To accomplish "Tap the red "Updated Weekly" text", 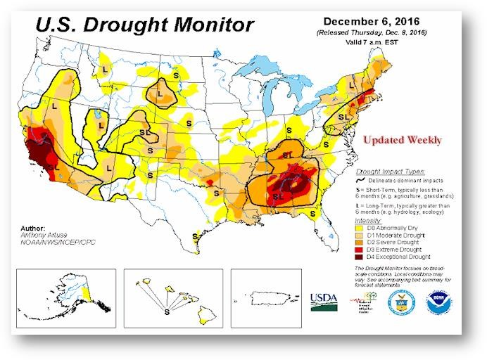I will (402, 140).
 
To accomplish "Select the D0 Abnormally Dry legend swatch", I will (358, 229).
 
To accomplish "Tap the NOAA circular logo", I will (438, 302).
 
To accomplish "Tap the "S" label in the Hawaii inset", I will (167, 309).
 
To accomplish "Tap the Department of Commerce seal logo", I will (399, 302).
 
